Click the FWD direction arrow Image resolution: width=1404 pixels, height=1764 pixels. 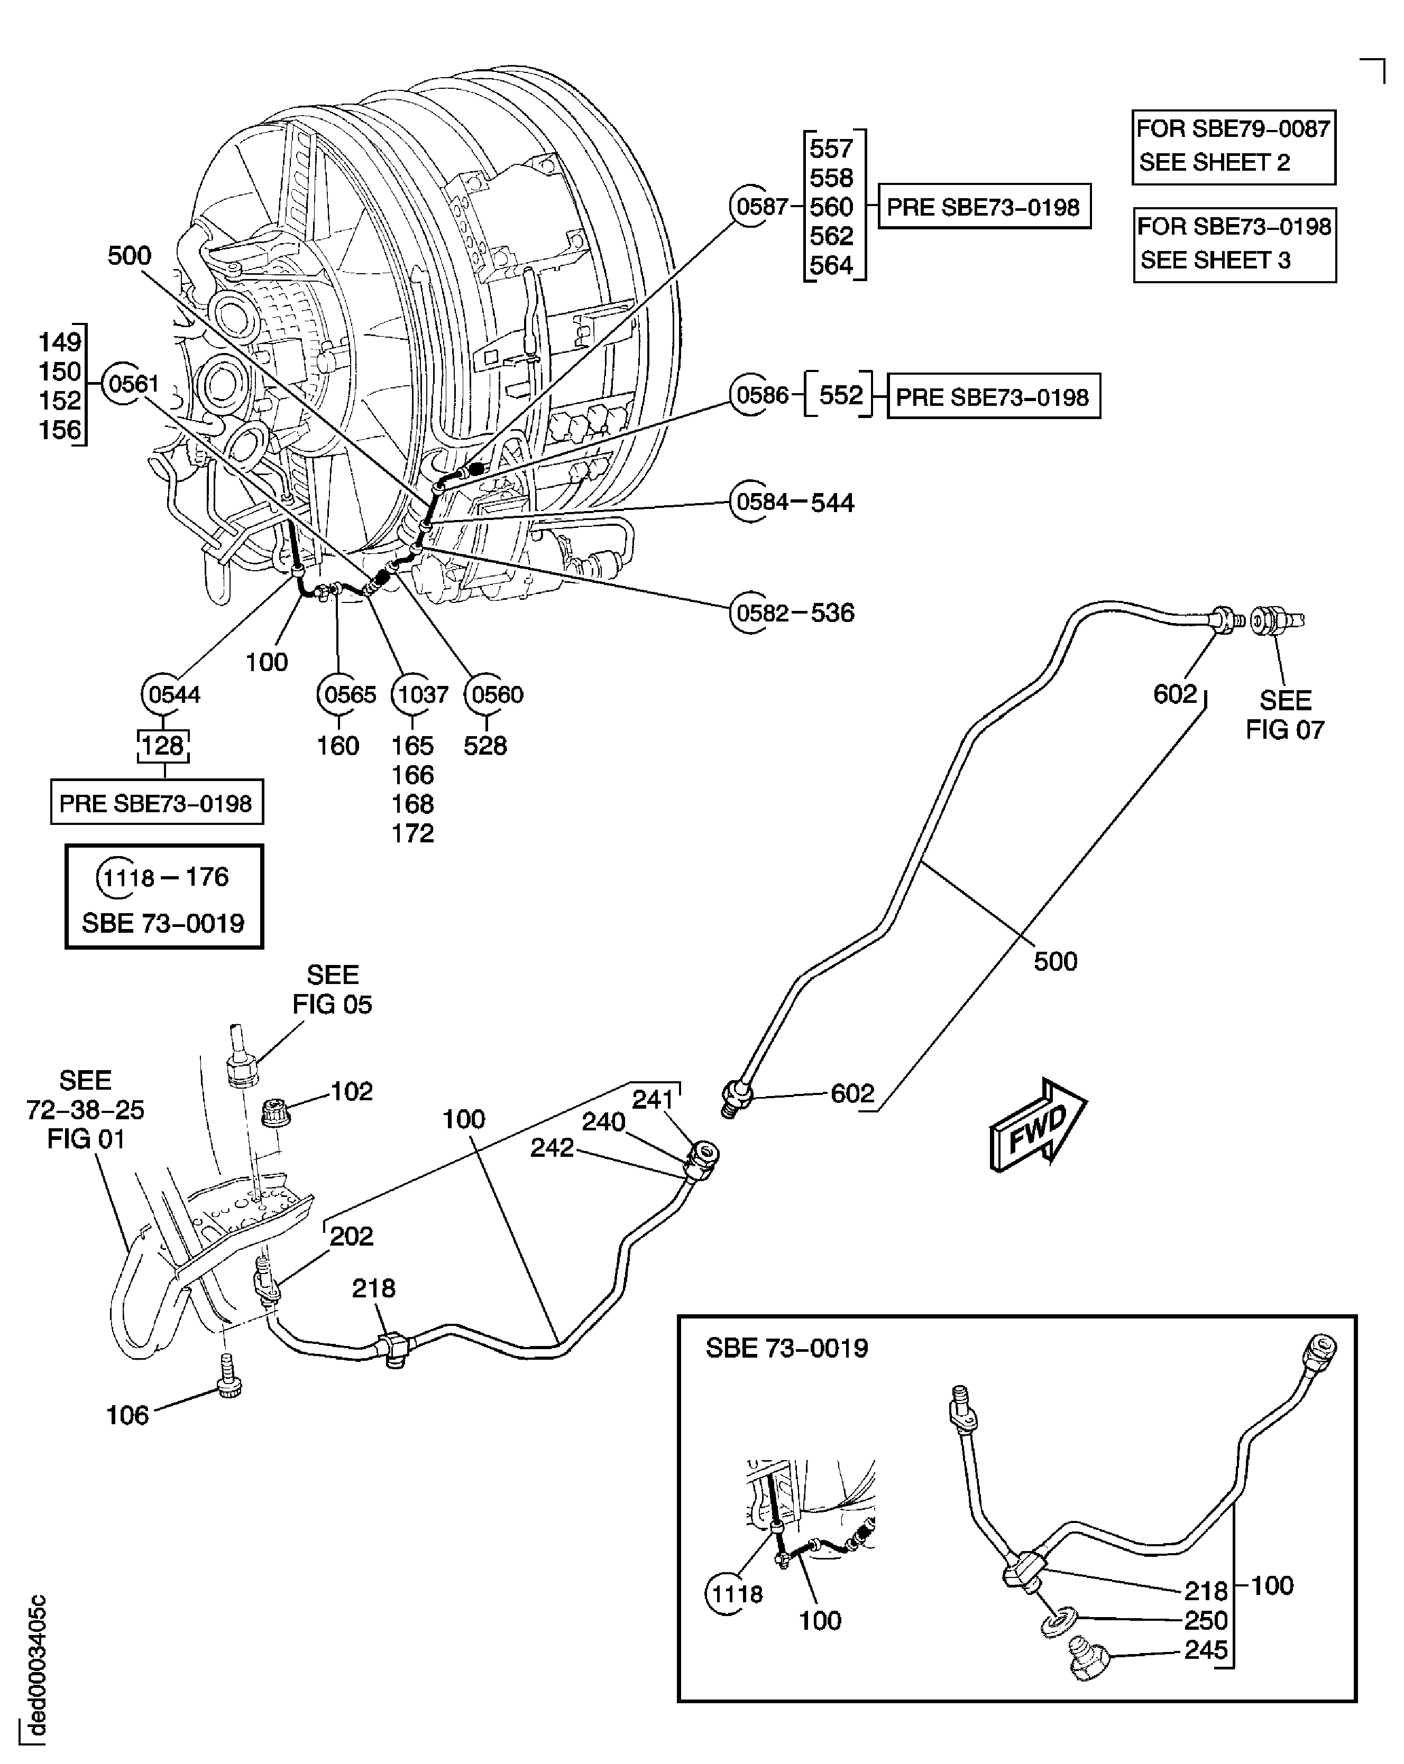(1037, 1125)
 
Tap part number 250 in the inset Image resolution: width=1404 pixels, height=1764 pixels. (1205, 1620)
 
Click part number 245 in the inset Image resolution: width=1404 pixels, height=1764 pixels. (1205, 1649)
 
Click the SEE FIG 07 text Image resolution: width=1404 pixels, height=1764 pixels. (1283, 714)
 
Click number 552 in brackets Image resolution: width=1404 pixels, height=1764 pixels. (841, 396)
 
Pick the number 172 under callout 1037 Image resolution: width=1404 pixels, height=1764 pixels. (412, 833)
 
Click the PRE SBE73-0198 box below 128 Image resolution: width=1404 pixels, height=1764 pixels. (157, 803)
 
